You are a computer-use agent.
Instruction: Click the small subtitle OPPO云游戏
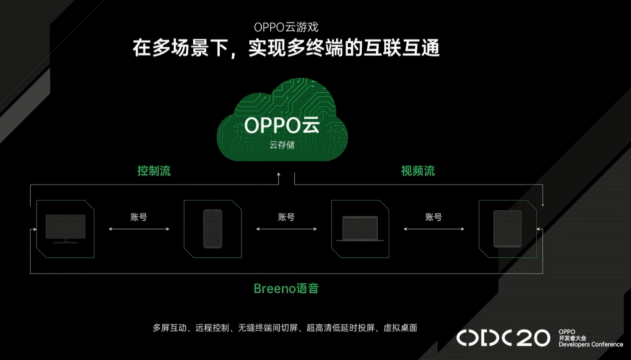286,27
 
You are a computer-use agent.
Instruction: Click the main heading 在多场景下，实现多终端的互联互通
286,48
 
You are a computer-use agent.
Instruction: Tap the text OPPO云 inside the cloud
282,125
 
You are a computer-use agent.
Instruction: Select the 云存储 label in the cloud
282,145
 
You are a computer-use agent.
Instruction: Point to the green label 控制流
154,171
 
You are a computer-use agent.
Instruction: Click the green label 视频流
418,171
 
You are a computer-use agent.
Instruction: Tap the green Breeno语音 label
286,288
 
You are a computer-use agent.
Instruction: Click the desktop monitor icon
65,229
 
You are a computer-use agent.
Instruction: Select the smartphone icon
213,229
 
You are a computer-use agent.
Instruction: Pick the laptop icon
360,229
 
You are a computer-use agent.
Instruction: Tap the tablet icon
508,229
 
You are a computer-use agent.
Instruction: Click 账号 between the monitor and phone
139,217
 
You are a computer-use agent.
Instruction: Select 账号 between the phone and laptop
286,217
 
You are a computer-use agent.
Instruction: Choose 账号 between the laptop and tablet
434,217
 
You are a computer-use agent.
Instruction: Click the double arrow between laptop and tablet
434,229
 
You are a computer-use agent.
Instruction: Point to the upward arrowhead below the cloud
279,175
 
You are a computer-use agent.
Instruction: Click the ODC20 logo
503,337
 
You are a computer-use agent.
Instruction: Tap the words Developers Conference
591,344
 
